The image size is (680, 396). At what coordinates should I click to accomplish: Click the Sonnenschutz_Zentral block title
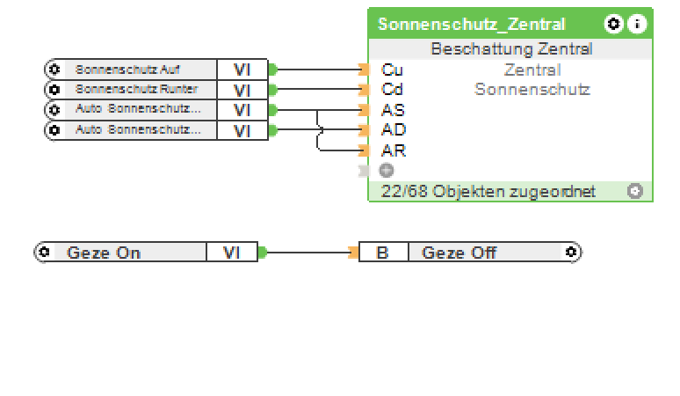coord(472,24)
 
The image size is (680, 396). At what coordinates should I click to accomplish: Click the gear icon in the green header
coord(613,24)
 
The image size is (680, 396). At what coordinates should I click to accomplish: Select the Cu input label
coord(391,70)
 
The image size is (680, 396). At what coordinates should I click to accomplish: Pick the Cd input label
coord(391,90)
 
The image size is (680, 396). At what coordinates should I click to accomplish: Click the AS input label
coord(393,110)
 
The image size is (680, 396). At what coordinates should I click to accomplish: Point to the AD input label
coord(393,130)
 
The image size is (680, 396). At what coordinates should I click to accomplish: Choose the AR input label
coord(393,150)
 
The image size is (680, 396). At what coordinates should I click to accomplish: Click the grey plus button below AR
coord(386,170)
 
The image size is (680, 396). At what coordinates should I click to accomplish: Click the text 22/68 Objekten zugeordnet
coord(488,191)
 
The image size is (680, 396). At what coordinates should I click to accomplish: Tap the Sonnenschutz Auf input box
coord(127,70)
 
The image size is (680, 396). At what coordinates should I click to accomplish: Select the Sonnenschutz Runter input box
coord(135,90)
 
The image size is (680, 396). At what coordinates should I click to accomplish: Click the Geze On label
coord(104,253)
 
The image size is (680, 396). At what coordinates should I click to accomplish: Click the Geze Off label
coord(459,253)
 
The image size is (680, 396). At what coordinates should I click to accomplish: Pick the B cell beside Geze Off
coord(383,253)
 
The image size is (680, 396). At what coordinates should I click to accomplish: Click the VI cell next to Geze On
coord(231,253)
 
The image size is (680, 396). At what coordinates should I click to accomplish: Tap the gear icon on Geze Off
coord(571,253)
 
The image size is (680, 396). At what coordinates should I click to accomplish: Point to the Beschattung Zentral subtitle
coord(510,49)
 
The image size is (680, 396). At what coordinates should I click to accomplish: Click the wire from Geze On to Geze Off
coord(307,253)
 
